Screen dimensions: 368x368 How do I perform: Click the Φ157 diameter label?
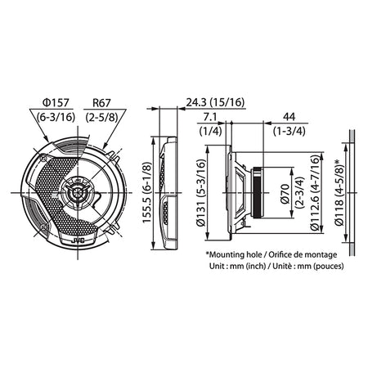click(x=56, y=103)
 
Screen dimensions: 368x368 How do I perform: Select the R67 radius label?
click(x=101, y=103)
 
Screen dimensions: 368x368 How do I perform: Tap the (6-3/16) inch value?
click(x=56, y=117)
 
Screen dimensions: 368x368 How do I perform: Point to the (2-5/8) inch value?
click(x=101, y=117)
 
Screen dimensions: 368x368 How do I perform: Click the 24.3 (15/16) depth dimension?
click(x=215, y=102)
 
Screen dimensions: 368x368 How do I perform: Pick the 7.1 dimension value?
click(x=210, y=117)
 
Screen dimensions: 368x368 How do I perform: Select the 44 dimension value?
click(x=289, y=117)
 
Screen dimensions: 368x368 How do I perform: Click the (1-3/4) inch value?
click(x=289, y=131)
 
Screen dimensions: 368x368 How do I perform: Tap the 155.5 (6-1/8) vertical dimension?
click(x=147, y=192)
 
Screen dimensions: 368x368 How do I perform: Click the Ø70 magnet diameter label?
click(x=285, y=194)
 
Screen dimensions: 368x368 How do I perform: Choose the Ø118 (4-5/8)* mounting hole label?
click(x=339, y=192)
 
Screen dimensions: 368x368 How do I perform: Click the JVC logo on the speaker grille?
click(x=79, y=241)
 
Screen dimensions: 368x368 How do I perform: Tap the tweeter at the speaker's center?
click(x=78, y=192)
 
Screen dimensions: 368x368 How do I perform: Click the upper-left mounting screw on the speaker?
click(x=43, y=157)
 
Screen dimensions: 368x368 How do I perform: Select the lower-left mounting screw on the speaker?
click(x=43, y=227)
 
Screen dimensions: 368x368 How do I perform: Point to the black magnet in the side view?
click(x=258, y=192)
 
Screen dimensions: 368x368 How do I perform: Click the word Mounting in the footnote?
click(x=226, y=255)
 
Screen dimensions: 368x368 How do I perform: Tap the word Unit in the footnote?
click(x=216, y=266)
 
